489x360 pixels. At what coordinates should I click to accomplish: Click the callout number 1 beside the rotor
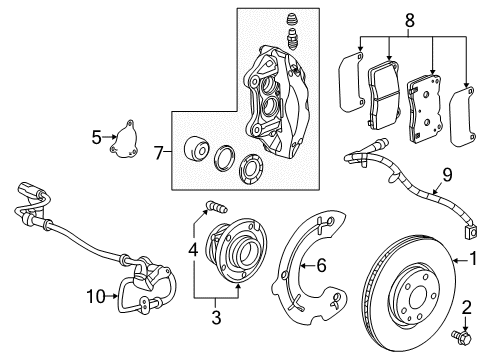point(478,260)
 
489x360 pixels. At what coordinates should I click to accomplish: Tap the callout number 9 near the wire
point(447,173)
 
